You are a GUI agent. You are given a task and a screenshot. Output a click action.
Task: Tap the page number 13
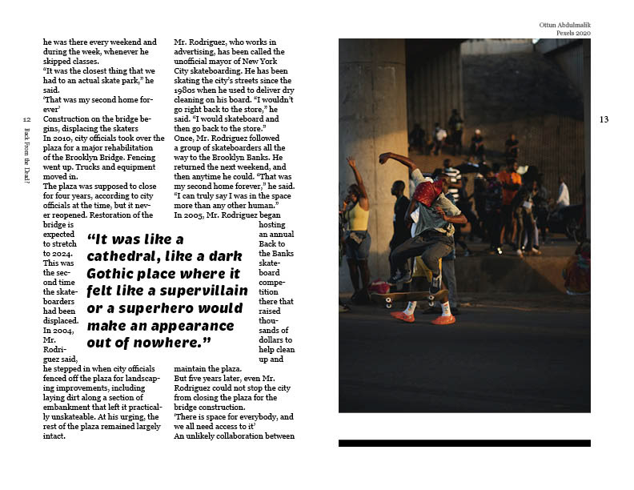pos(604,120)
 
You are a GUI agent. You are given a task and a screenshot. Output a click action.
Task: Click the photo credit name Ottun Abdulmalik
pos(564,25)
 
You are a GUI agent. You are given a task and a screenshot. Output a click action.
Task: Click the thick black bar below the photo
pos(464,443)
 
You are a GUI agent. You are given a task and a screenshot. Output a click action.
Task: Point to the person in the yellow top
pos(357,220)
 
